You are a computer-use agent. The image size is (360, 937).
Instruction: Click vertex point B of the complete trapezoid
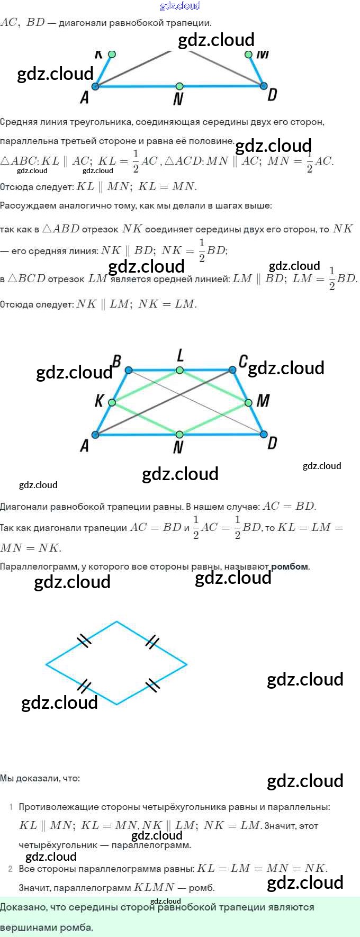pos(129,370)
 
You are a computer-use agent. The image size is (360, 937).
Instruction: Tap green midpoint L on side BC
pos(180,370)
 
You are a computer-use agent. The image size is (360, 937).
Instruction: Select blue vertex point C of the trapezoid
pos(232,370)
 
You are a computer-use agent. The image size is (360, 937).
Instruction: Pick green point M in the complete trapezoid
pos(248,403)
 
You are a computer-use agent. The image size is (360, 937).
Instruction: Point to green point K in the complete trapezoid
pos(112,403)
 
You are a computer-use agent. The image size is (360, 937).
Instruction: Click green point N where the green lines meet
pos(179,435)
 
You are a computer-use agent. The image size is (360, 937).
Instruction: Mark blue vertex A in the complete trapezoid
pos(95,435)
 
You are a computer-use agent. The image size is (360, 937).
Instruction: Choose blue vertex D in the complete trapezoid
pos(264,435)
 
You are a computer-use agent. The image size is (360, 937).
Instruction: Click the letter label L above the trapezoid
pos(180,355)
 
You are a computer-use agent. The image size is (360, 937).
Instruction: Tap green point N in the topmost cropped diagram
pos(179,86)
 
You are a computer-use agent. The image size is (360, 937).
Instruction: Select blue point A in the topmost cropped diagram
pos(95,86)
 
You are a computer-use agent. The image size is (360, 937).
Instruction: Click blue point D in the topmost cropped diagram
pos(264,86)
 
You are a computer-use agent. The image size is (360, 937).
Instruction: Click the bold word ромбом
pos(290,566)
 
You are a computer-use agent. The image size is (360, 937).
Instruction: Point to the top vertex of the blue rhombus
pos(116,621)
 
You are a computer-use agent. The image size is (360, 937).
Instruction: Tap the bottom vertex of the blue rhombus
pos(116,705)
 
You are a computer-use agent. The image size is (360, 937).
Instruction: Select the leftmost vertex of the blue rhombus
pos(46,663)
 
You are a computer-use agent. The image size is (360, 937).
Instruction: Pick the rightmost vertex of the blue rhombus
pos(187,663)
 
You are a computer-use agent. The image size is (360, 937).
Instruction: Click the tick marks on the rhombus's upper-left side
pos(84,641)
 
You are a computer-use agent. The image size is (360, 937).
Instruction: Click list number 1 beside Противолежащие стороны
pos(11,807)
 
